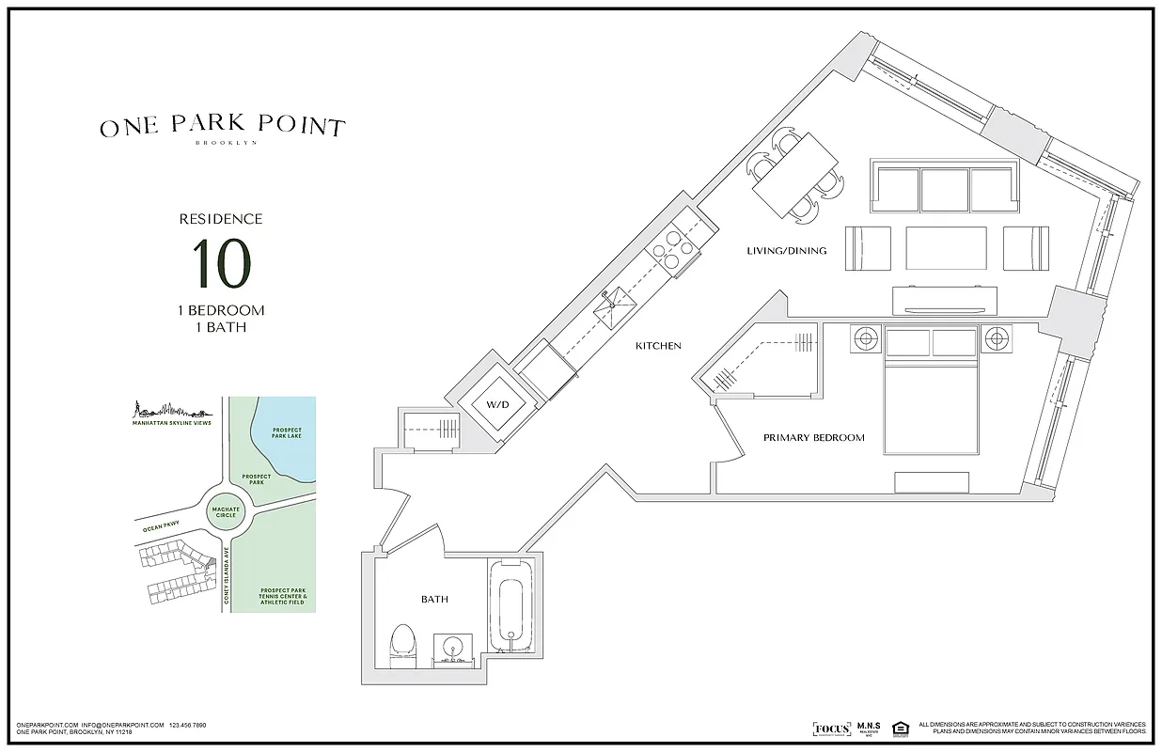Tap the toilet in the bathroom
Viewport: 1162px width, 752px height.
coord(403,645)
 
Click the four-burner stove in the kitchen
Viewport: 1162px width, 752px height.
coord(672,250)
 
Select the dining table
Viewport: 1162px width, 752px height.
coord(795,176)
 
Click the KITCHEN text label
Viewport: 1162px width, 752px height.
coord(658,346)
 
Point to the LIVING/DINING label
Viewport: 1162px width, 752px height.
coord(786,251)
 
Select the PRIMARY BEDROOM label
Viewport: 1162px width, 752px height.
coord(813,438)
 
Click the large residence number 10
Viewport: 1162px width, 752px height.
coord(221,263)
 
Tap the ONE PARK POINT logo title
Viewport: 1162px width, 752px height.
coord(223,127)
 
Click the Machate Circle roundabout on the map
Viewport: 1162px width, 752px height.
coord(224,512)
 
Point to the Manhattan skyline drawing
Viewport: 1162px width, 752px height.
coord(169,409)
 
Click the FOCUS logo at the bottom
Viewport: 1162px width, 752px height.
coord(831,728)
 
